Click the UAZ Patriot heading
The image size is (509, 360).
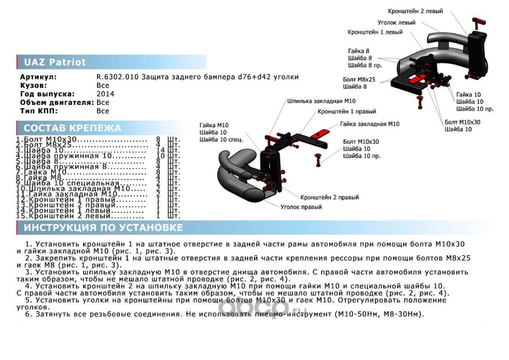(x=54, y=62)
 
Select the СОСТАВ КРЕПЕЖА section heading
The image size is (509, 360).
(x=72, y=128)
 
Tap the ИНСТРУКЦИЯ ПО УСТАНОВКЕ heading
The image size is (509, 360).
(x=103, y=228)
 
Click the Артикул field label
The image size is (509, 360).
(x=38, y=77)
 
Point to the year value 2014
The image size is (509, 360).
(x=105, y=94)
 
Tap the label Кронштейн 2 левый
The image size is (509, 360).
(x=415, y=11)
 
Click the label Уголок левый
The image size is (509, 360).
(x=396, y=22)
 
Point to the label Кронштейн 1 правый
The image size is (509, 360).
(x=347, y=111)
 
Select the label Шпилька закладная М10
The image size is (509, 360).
(x=321, y=101)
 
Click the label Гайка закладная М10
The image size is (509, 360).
(x=370, y=124)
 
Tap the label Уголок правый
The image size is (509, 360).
(x=301, y=207)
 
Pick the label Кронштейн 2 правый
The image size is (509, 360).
(x=330, y=197)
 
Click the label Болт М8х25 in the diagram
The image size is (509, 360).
(x=359, y=79)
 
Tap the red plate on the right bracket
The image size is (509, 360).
(x=322, y=133)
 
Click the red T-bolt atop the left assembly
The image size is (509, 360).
(x=479, y=21)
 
